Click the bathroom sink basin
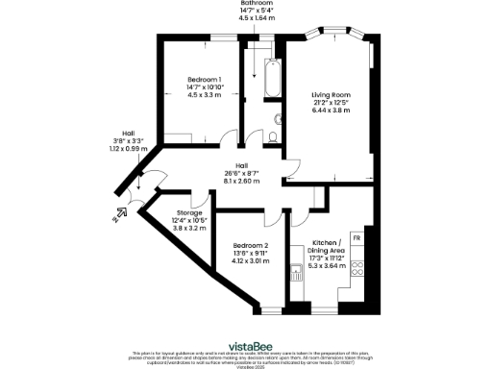pyautogui.click(x=278, y=119)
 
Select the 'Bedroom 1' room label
pyautogui.click(x=204, y=79)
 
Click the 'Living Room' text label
pyautogui.click(x=330, y=95)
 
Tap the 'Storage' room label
pyautogui.click(x=189, y=213)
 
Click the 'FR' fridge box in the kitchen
pyautogui.click(x=357, y=237)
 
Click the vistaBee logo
pyautogui.click(x=247, y=345)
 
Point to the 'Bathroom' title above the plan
pyautogui.click(x=257, y=3)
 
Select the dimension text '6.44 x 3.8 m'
pyautogui.click(x=330, y=111)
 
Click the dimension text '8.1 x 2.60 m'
pyautogui.click(x=240, y=181)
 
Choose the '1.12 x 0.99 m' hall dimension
pyautogui.click(x=127, y=149)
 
